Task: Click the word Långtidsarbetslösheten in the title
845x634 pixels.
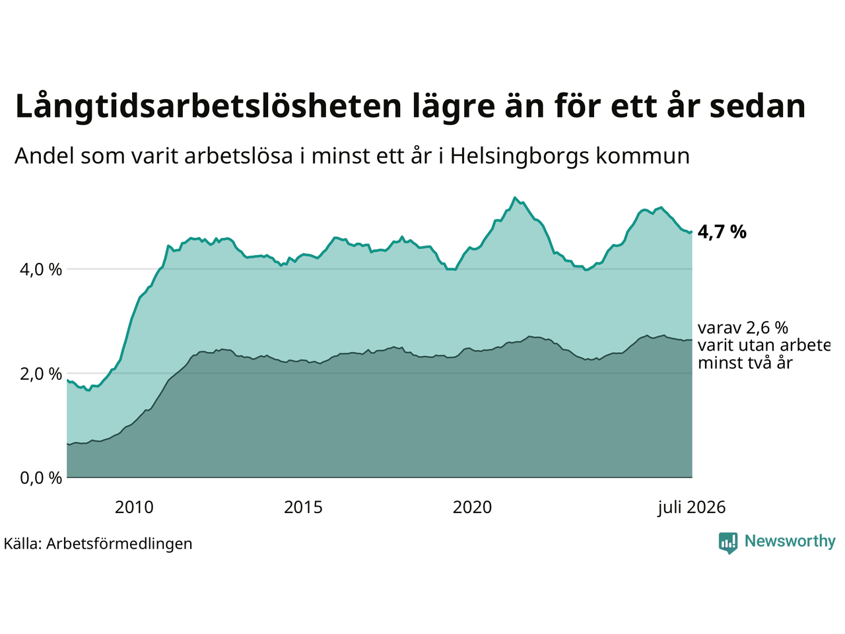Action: coord(208,107)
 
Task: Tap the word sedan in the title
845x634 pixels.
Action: coord(757,106)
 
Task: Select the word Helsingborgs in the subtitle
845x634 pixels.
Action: coord(520,157)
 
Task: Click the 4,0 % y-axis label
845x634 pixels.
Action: coord(41,270)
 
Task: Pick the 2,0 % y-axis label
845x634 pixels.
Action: coord(41,374)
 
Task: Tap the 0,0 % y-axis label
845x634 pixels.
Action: coord(41,478)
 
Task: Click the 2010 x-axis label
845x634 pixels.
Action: coord(134,508)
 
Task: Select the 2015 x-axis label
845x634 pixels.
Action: coord(303,508)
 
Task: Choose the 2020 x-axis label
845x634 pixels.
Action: coord(472,508)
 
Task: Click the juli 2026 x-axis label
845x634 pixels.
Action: coord(691,508)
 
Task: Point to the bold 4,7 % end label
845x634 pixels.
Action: coord(722,232)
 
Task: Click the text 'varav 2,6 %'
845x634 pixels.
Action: coord(743,328)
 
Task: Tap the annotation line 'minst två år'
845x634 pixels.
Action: coord(745,363)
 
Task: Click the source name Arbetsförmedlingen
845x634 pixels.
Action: coord(119,544)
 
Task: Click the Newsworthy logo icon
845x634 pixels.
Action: coord(728,543)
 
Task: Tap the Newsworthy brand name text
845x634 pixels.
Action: coord(790,542)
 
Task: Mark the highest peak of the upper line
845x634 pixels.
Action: coord(515,197)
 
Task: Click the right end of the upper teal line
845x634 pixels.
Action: coord(692,232)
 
